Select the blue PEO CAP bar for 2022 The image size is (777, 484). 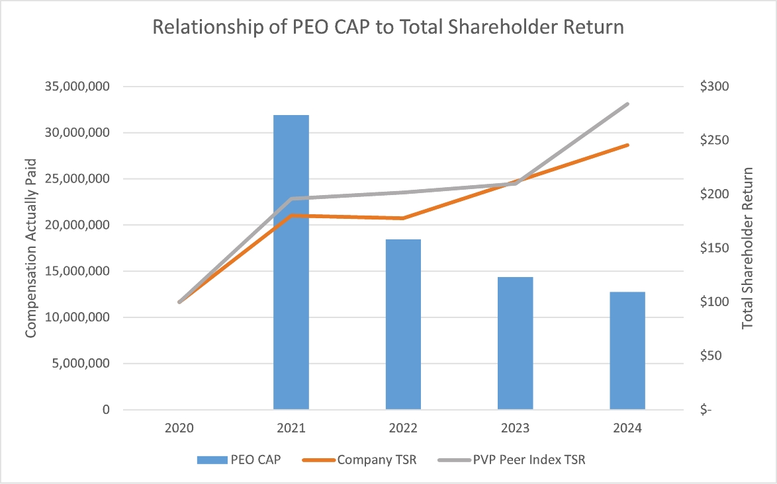click(x=403, y=324)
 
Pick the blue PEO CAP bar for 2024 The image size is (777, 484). click(x=627, y=350)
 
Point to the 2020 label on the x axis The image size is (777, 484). click(x=179, y=428)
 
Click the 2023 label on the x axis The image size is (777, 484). click(x=515, y=428)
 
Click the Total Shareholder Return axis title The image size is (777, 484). click(x=748, y=247)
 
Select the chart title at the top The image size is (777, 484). click(x=388, y=27)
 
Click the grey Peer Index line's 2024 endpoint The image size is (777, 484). click(x=627, y=104)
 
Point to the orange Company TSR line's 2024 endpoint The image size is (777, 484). click(x=627, y=145)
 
